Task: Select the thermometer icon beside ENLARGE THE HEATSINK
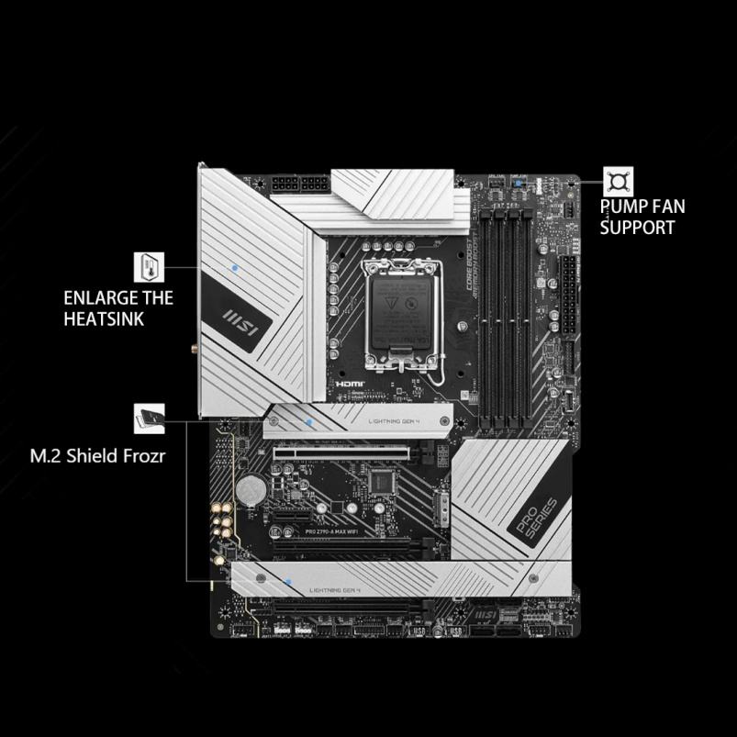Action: tap(148, 268)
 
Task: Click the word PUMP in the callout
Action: tap(622, 207)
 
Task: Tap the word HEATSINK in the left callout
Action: tap(104, 318)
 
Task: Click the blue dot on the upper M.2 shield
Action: tap(309, 421)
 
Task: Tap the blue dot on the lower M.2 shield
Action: tap(288, 581)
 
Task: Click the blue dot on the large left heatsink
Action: tap(237, 267)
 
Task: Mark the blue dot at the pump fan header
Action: tap(520, 183)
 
